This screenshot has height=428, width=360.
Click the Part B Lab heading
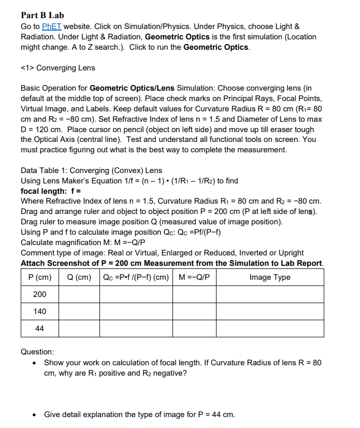click(42, 16)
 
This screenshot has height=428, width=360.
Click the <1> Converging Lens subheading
click(57, 68)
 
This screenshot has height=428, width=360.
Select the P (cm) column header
click(40, 277)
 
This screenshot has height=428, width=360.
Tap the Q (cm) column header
click(79, 277)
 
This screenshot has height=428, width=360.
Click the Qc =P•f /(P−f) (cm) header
click(136, 277)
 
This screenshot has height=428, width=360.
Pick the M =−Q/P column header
click(194, 277)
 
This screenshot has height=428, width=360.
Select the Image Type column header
click(270, 277)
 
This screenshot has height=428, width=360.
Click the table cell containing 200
click(40, 294)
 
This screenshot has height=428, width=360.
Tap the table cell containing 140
click(40, 311)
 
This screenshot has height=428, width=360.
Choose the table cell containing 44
click(40, 329)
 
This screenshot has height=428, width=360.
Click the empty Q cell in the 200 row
click(79, 294)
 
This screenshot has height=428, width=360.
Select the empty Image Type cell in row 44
click(270, 329)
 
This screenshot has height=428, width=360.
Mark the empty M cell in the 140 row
click(194, 311)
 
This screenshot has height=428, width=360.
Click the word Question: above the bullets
click(37, 352)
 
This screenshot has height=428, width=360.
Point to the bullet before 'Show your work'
click(35, 363)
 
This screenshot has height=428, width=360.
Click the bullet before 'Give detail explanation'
click(35, 415)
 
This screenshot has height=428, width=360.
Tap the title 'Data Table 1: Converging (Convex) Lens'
click(91, 170)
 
